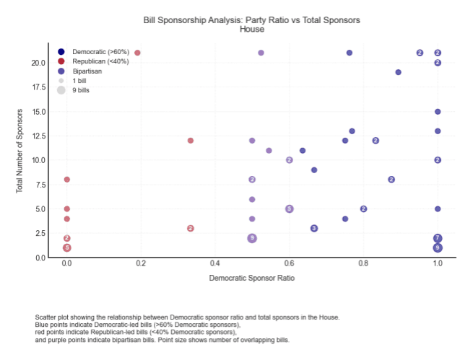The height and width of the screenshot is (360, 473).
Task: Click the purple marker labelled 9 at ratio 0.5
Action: click(x=252, y=238)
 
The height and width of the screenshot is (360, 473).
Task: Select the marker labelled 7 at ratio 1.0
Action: click(x=438, y=238)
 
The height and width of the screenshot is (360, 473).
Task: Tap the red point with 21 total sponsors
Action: click(x=137, y=53)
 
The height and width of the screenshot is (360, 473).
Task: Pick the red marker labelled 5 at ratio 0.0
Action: click(x=67, y=247)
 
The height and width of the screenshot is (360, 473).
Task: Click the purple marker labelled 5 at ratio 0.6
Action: click(x=289, y=208)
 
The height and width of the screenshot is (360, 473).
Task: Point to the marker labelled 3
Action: click(x=314, y=228)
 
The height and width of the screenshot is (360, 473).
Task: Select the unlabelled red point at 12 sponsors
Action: click(x=191, y=141)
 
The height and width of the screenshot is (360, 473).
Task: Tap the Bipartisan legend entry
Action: click(x=87, y=71)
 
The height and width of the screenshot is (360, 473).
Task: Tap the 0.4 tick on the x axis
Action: click(x=214, y=265)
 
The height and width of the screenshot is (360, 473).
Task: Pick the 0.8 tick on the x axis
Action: click(x=363, y=265)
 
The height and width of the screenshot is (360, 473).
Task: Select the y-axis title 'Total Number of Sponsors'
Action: click(x=21, y=150)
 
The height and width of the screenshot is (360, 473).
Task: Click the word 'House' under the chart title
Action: click(x=252, y=29)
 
